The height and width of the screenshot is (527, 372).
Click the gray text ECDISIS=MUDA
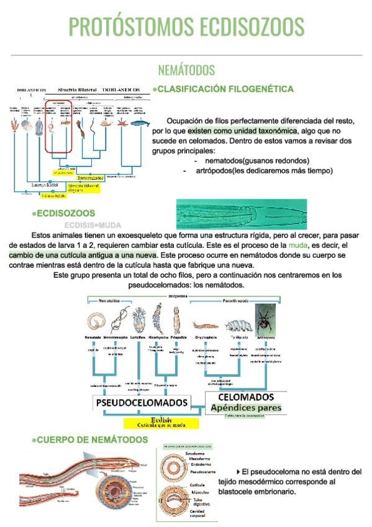92,225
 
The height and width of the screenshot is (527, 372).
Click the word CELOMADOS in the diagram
247,396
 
